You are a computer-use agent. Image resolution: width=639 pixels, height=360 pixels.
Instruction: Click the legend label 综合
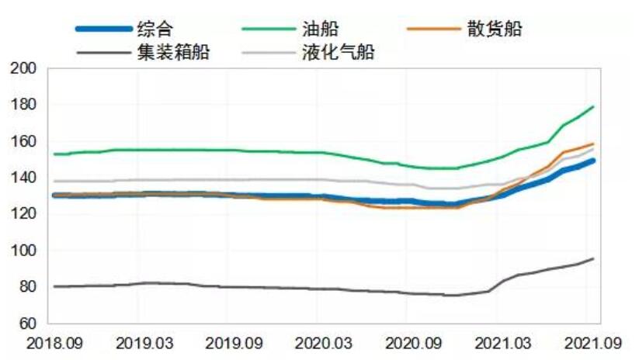154,29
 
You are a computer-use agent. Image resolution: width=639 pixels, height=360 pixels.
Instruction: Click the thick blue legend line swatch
102,29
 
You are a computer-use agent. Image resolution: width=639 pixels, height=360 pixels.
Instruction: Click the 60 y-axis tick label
30,324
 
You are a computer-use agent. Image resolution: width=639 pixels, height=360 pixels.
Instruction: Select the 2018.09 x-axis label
48,342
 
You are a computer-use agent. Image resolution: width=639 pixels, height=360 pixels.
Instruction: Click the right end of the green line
593,106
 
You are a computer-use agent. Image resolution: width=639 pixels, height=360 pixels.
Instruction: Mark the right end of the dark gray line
593,258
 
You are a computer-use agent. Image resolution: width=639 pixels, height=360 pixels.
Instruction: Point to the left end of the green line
54,154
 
